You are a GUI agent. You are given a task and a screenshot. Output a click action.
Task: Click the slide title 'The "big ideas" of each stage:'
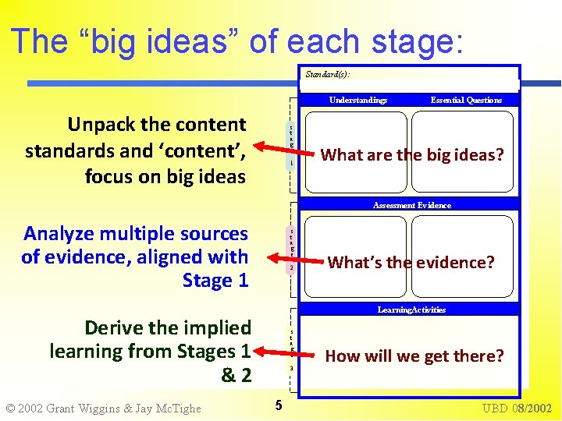pos(237,41)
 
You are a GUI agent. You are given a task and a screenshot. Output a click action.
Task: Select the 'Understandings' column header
pos(358,100)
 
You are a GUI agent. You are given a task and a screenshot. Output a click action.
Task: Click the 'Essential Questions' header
pos(466,100)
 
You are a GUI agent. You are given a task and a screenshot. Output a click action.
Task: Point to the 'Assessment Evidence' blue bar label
pos(411,205)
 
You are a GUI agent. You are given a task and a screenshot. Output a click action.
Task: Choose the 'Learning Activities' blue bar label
pos(411,310)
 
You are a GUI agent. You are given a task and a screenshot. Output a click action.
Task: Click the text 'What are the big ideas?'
pos(412,154)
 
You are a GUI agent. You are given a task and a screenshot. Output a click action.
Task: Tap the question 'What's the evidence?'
pos(411,262)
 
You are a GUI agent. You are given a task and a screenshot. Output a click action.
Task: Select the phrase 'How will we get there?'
pos(414,356)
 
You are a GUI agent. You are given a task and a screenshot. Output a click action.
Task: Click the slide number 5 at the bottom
pos(277,405)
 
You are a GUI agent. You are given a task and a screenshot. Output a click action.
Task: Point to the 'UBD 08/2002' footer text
pos(517,408)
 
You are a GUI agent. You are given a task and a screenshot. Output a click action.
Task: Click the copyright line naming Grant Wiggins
pos(103,408)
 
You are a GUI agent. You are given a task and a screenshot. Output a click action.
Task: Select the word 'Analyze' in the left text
pos(59,233)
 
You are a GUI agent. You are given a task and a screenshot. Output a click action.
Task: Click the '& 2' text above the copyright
pos(236,376)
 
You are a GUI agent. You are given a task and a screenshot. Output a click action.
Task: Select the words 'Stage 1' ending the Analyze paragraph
pos(215,280)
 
